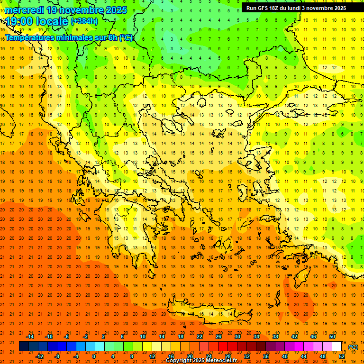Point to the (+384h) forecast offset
tap(84, 21)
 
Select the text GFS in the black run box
tap(265, 8)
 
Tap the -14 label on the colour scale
tap(30, 337)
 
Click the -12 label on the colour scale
tap(39, 356)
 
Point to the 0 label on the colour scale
tap(93, 356)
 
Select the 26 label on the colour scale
tap(218, 337)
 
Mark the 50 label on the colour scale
tap(332, 337)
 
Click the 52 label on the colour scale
tap(342, 356)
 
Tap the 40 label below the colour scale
tap(285, 356)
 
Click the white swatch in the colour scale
tap(337, 346)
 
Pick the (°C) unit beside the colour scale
tap(353, 347)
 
